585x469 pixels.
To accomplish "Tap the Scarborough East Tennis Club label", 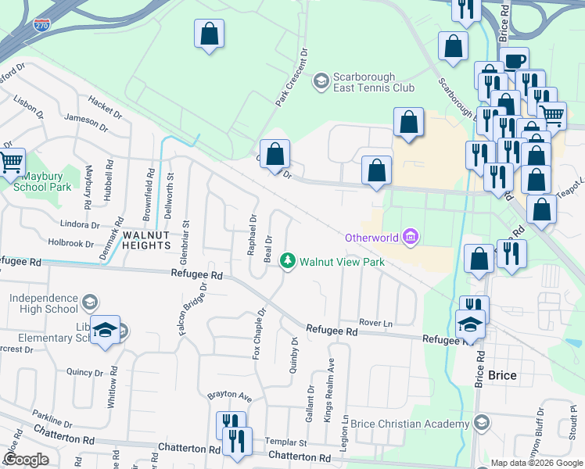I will tap(374, 82).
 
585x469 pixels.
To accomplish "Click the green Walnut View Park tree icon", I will tap(288, 260).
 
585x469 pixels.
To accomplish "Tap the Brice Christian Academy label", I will tap(409, 423).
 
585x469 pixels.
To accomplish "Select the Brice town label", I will tap(501, 375).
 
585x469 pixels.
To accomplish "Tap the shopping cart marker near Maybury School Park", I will tap(12, 163).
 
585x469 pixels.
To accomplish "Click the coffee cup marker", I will tap(514, 61).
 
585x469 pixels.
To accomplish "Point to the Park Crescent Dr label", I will tap(292, 77).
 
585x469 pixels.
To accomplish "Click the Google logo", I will tap(26, 460).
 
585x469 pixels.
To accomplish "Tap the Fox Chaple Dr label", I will tap(258, 333).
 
